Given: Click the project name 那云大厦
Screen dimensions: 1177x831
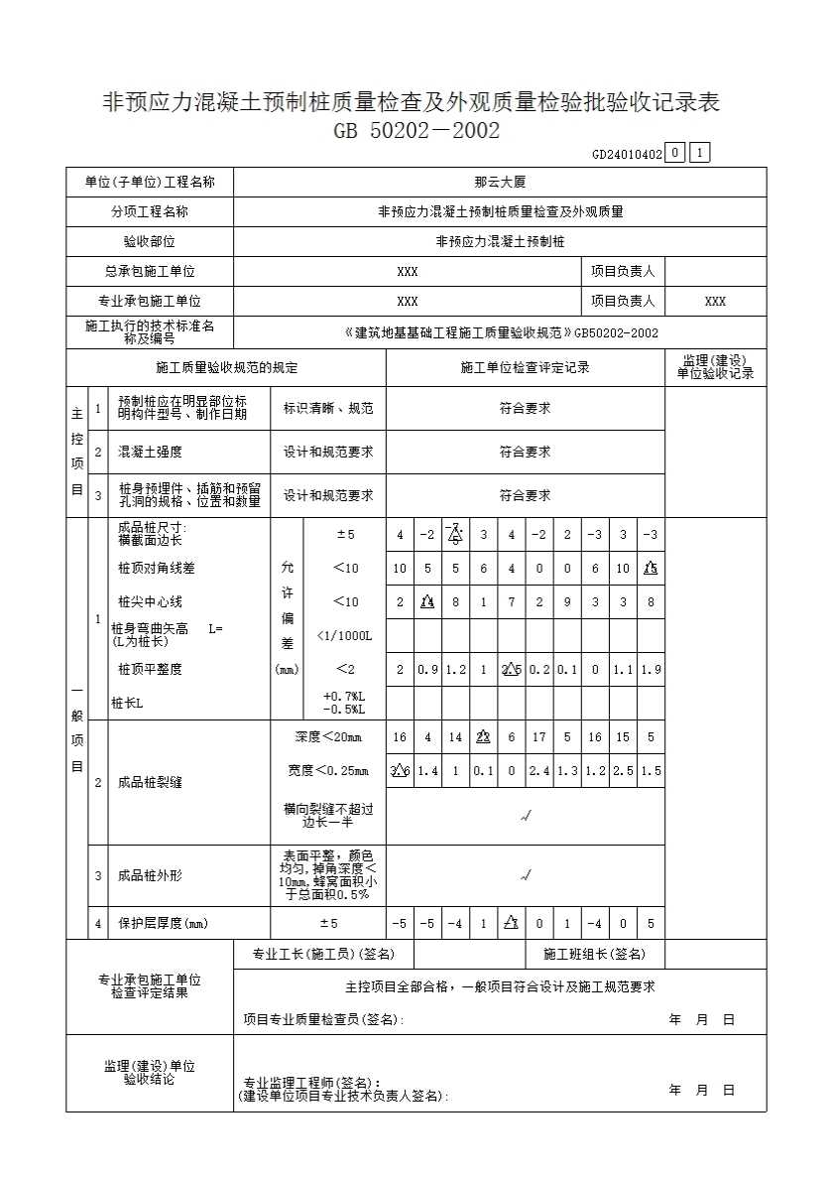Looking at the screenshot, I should [500, 183].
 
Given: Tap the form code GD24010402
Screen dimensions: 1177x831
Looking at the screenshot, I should [626, 154].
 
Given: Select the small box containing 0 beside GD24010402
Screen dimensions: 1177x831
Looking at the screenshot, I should [674, 153].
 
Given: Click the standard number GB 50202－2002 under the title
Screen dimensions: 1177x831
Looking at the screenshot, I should [416, 131].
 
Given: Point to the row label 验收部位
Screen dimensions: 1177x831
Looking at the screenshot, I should [150, 241].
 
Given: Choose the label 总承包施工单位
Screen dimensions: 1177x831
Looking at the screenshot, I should [150, 271].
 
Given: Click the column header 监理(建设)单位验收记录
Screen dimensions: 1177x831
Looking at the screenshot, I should [715, 367].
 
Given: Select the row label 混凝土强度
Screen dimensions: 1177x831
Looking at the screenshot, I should [150, 452].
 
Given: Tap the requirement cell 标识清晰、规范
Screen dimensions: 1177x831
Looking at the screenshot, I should [328, 408].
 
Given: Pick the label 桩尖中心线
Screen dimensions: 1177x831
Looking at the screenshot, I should [150, 601].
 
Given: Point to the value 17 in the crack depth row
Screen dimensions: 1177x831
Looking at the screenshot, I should [538, 737].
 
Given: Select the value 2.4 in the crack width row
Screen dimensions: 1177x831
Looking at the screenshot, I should [538, 771].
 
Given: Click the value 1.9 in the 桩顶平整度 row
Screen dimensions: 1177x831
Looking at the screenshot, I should [651, 670].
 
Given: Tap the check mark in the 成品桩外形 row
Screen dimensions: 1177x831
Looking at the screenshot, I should [526, 875].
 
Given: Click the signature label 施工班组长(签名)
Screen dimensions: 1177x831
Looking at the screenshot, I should [594, 954].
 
